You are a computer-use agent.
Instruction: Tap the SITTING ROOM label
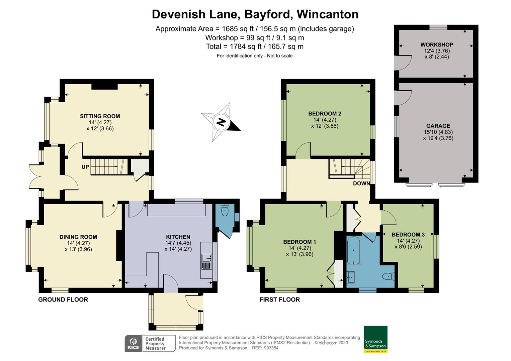[x=100, y=116]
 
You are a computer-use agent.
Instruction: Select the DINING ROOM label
[x=78, y=237]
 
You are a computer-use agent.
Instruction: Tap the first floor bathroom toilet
[x=388, y=276]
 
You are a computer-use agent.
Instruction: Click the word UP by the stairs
[x=85, y=167]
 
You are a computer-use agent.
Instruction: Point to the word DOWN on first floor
[x=361, y=184]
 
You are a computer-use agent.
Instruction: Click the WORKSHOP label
[x=437, y=45]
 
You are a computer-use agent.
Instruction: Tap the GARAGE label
[x=438, y=126]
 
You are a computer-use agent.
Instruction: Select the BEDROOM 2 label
[x=325, y=114]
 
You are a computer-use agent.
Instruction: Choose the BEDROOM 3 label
[x=408, y=235]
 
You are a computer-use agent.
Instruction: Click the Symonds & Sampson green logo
[x=375, y=339]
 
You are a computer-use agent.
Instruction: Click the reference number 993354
[x=271, y=348]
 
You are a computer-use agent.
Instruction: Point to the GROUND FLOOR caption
[x=63, y=300]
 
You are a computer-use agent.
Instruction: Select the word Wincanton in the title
[x=327, y=14]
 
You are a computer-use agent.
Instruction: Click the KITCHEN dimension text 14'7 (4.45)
[x=178, y=243]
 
